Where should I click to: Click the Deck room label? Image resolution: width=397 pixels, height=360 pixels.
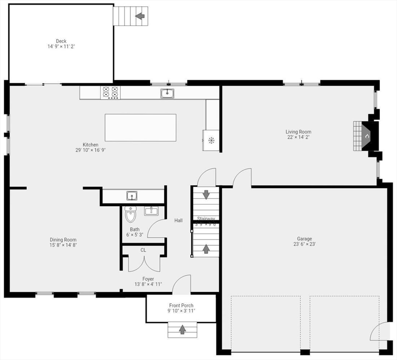[61, 41]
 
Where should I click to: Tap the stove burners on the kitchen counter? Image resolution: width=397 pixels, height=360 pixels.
[111, 92]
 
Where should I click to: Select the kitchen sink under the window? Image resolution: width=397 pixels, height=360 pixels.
[167, 93]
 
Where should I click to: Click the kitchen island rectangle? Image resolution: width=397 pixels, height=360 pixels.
[140, 127]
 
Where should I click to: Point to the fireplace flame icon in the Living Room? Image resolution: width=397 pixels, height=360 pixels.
[367, 136]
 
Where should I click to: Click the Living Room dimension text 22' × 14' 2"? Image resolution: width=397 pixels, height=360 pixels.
[298, 137]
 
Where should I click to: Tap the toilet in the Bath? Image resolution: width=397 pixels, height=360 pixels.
[130, 216]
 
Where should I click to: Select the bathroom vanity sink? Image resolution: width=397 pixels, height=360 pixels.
[151, 211]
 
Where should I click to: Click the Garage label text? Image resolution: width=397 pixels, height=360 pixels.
[304, 239]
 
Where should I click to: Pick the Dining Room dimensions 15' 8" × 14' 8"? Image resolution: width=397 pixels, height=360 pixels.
[63, 245]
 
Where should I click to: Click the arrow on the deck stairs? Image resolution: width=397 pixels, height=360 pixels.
[139, 16]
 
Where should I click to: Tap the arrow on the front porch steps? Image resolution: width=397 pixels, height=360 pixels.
[182, 330]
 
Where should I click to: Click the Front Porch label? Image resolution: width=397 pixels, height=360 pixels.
[181, 305]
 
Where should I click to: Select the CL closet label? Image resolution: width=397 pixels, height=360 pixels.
[143, 250]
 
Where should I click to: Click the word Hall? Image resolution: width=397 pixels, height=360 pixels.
[178, 220]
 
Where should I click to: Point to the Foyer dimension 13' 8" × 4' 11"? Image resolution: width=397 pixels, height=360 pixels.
[148, 284]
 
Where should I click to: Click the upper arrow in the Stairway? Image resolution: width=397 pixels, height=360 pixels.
[206, 194]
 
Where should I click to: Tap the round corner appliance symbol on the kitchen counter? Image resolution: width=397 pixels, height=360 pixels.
[211, 140]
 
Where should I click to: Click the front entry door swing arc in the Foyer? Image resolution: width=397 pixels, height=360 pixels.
[182, 284]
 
